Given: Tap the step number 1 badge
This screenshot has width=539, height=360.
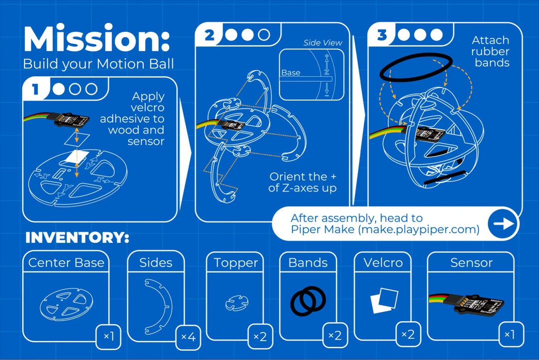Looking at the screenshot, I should point(35,89).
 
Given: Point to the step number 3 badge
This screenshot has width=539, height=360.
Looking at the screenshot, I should point(382,35).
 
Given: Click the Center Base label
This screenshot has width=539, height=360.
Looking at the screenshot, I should point(66,263).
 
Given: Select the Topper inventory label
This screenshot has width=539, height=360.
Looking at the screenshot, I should point(236,263).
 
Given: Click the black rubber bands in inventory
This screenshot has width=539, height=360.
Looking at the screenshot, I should point(308,301).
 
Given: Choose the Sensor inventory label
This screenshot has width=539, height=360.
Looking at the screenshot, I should point(471,263).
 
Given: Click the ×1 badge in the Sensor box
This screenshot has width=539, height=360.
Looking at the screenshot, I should point(509,334).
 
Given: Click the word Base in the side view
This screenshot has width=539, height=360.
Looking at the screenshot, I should point(290,73).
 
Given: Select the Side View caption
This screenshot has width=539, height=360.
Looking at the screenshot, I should point(322,43).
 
